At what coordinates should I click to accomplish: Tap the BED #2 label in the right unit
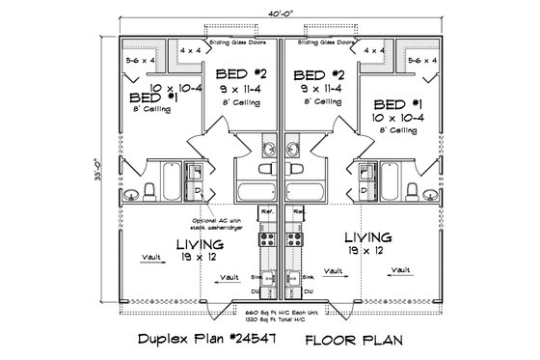313,75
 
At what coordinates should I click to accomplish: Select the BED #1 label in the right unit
393,104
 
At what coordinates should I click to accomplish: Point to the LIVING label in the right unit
366,236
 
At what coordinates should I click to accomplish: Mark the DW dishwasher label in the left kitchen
256,288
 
